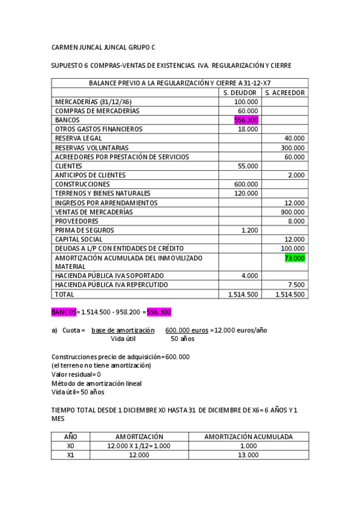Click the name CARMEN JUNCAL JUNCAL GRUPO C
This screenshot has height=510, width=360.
[x=103, y=46]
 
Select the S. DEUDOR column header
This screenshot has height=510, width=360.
[x=240, y=93]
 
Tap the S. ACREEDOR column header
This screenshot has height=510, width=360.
[x=285, y=93]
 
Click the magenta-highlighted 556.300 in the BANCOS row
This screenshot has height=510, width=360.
[x=246, y=120]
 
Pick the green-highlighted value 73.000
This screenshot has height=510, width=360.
[x=294, y=258]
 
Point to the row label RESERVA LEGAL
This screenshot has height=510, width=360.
[x=79, y=138]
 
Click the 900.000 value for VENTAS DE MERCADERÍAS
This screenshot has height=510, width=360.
[x=293, y=212]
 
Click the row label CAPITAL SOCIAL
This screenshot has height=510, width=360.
[x=80, y=239]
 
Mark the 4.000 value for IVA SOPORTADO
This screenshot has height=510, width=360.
[x=249, y=275]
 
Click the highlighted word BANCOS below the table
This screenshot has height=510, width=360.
[x=64, y=312]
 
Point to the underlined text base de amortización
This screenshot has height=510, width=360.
[x=123, y=330]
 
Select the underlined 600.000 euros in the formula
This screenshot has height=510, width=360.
[x=186, y=330]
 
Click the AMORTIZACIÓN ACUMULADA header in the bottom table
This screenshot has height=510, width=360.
[x=249, y=437]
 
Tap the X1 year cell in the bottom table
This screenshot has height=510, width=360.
[x=70, y=455]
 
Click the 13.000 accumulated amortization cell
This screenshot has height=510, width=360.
[x=249, y=455]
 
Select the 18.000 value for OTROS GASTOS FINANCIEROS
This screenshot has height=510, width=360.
[x=248, y=129]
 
